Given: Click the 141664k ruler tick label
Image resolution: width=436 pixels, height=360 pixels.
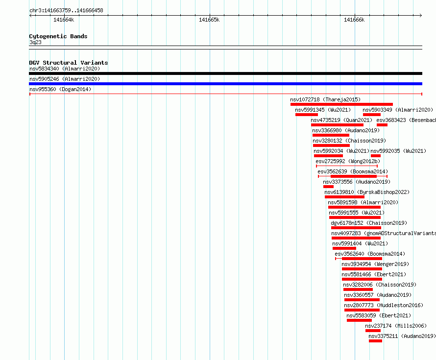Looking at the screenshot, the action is (64, 20).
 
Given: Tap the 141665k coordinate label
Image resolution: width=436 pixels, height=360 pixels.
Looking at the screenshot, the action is (209, 20).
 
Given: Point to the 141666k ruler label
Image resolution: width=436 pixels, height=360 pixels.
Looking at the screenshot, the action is (354, 20).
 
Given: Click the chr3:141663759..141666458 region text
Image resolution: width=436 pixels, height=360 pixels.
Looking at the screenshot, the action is (66, 11).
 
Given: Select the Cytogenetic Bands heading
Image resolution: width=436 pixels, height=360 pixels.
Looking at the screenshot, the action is (58, 36).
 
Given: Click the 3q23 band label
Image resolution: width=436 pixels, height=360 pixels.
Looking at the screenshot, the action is (35, 42).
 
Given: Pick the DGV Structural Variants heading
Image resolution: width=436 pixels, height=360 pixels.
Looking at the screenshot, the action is (69, 63).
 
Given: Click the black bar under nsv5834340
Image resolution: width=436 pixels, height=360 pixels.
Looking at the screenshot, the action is (225, 73).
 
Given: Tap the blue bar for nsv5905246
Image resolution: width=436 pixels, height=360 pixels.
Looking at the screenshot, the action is (225, 84).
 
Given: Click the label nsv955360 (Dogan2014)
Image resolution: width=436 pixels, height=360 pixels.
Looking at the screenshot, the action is (60, 89).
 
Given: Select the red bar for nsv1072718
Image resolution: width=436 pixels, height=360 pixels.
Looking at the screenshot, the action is (342, 104).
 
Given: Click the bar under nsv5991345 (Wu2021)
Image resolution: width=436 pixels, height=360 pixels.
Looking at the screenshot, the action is (307, 115).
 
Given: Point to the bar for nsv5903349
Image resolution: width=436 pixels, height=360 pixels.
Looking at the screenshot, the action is (372, 115).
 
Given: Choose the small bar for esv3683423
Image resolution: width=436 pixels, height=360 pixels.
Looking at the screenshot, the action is (382, 125).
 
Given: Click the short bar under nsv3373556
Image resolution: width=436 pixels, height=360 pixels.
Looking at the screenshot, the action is (328, 187).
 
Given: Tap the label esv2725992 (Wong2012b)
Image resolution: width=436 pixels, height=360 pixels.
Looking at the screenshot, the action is (348, 161).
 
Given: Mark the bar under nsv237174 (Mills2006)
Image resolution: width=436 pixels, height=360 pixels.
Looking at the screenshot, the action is (373, 331).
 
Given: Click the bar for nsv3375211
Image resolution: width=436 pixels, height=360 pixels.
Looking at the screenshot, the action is (375, 341).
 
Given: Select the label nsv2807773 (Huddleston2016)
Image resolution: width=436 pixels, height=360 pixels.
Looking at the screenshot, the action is (384, 305).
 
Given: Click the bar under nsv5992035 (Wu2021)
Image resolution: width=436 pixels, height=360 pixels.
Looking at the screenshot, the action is (376, 156).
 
